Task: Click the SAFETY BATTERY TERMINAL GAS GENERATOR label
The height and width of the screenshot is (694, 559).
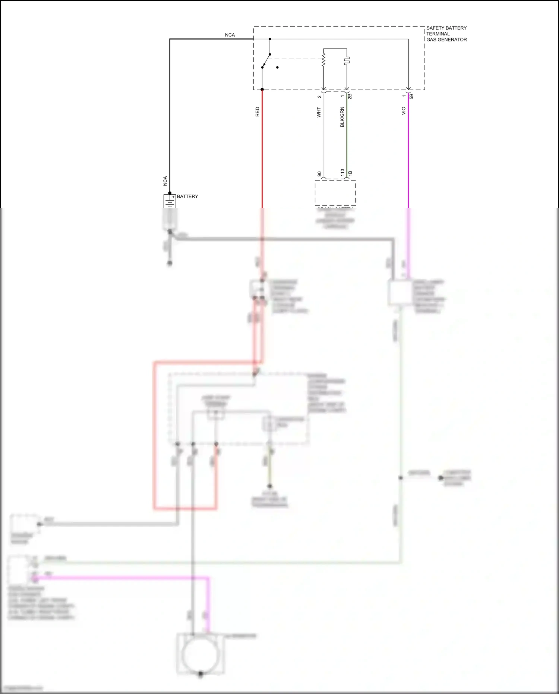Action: [446, 34]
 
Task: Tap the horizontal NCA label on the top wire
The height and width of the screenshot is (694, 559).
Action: [230, 35]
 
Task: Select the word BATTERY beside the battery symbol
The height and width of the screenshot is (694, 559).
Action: [187, 197]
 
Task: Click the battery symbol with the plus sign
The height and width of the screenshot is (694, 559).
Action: [170, 201]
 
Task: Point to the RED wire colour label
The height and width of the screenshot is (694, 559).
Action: [257, 112]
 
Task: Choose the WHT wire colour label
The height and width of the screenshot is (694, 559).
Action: [319, 112]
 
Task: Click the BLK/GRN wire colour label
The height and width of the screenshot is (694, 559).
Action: [342, 117]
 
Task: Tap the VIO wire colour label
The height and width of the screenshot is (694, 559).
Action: [403, 111]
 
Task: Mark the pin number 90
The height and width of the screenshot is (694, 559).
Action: [319, 174]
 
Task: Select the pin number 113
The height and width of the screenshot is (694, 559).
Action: [342, 173]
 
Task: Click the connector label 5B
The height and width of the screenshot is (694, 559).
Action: [411, 96]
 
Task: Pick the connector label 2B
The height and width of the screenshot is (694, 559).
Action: [350, 96]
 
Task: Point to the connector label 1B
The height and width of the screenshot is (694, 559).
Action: [350, 173]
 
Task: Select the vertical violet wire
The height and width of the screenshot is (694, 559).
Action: [408, 149]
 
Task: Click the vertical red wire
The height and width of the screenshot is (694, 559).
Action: [262, 149]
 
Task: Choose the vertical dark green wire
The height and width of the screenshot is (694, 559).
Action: [347, 138]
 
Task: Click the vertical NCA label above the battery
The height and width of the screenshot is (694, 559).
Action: [165, 181]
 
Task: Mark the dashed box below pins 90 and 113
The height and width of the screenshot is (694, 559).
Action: [335, 193]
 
